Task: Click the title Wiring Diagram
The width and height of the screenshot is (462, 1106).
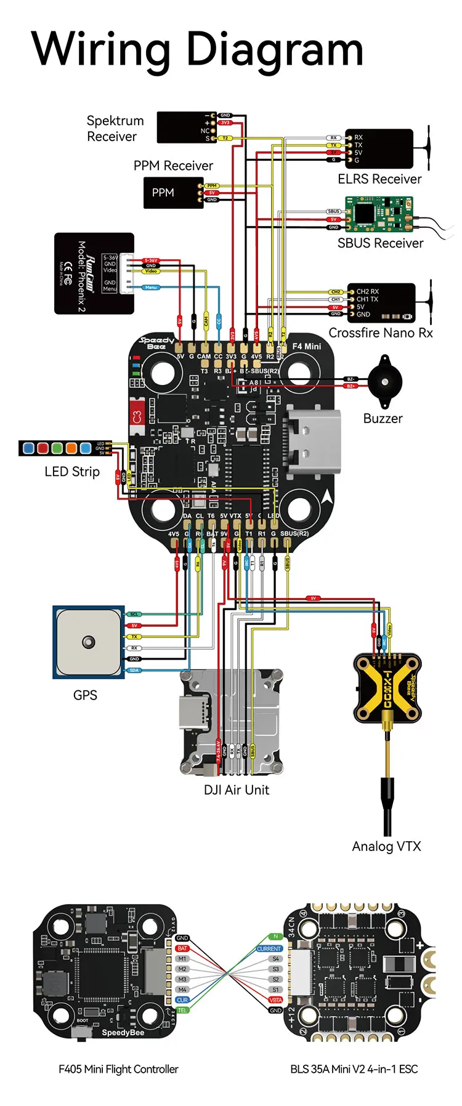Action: (x=197, y=49)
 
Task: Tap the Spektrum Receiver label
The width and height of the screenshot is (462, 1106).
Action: (x=115, y=129)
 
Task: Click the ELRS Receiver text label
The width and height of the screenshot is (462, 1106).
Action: (x=379, y=179)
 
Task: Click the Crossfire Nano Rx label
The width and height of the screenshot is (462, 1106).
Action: (x=380, y=333)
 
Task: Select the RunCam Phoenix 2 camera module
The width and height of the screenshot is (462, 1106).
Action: (x=94, y=273)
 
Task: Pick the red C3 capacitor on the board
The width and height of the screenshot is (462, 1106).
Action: (x=137, y=416)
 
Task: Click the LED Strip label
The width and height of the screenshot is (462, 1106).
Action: (x=72, y=472)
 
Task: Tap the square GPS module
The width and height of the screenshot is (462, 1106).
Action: (x=89, y=642)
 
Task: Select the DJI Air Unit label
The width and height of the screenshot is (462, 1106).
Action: (x=237, y=790)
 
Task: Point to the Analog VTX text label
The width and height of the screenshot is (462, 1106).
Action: (x=386, y=847)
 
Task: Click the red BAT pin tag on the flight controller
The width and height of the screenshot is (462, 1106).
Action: (x=182, y=948)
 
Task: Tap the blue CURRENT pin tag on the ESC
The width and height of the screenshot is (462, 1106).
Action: (x=269, y=948)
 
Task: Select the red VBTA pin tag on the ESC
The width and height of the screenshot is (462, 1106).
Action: (x=275, y=1000)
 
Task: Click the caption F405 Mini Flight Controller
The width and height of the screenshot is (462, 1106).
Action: (x=118, y=1070)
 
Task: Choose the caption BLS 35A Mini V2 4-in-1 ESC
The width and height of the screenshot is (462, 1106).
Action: (x=354, y=1070)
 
